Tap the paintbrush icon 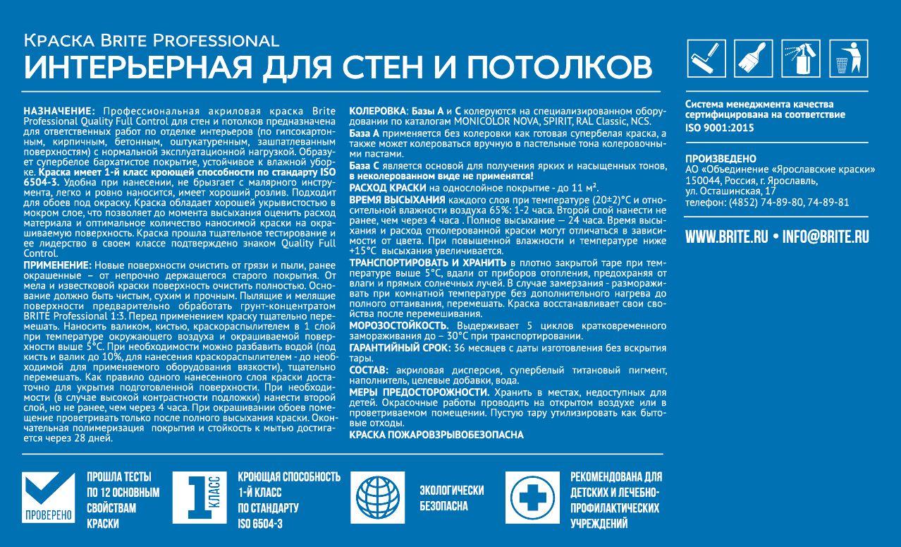[x=754, y=59]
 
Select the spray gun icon [x=801, y=59]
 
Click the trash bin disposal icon [x=848, y=59]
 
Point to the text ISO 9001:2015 [x=720, y=128]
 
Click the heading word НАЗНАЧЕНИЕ [x=59, y=112]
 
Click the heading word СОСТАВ [x=368, y=370]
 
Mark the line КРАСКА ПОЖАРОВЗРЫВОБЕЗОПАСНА [x=436, y=435]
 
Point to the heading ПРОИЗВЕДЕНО [x=721, y=159]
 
